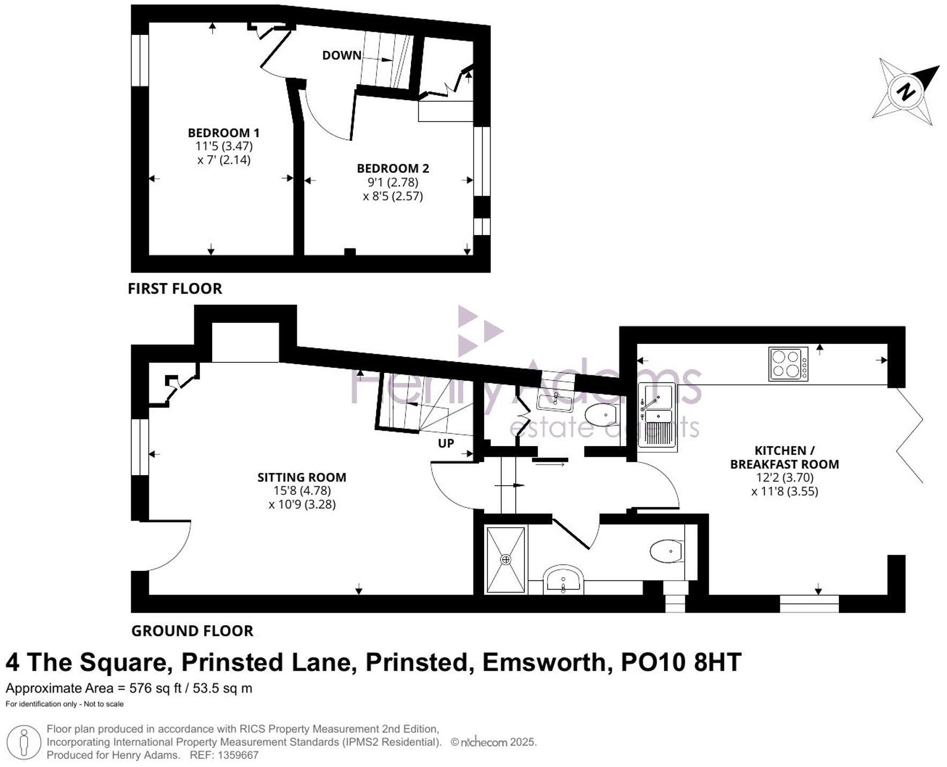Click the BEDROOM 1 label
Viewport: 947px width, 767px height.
tap(223, 132)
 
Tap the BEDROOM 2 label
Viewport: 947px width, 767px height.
tap(393, 168)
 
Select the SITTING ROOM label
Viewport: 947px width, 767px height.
tap(302, 477)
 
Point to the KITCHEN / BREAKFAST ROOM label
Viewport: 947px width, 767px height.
tap(784, 457)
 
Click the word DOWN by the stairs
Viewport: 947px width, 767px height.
tap(341, 55)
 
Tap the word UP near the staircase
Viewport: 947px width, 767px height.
tap(446, 443)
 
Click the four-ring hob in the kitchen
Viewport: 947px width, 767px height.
tap(788, 364)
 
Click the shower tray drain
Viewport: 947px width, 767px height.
tap(506, 559)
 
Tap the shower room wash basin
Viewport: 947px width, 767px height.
tap(562, 580)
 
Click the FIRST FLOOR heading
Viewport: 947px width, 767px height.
tap(175, 289)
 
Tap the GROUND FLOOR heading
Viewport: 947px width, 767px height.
tap(192, 631)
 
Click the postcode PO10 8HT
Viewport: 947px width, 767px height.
tap(681, 663)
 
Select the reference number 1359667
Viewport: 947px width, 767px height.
tap(237, 755)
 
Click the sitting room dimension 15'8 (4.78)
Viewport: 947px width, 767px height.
tap(302, 491)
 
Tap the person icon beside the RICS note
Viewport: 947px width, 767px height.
tap(23, 743)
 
